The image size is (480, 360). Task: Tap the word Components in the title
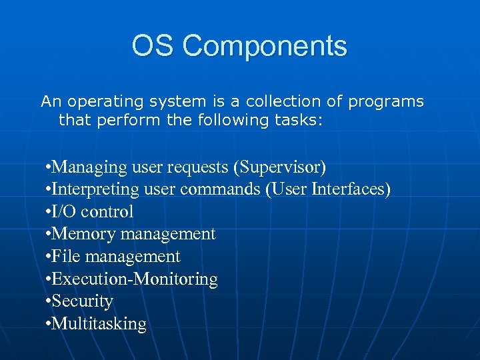(265, 47)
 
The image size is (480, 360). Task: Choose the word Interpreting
(95, 189)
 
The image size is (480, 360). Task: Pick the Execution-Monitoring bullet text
(134, 279)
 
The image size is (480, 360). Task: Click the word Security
(82, 301)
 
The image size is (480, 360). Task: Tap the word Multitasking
(99, 324)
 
